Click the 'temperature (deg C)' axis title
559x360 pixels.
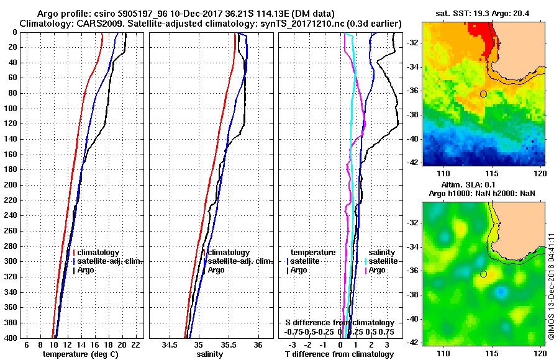click(x=80, y=354)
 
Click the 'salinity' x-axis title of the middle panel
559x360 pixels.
click(x=210, y=354)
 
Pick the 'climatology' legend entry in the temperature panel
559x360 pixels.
click(x=99, y=253)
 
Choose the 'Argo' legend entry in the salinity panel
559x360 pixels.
click(x=216, y=270)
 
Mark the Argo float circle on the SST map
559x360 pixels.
click(x=483, y=94)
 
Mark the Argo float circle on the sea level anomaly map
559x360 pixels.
click(x=483, y=274)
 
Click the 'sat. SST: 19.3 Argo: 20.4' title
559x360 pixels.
click(x=484, y=12)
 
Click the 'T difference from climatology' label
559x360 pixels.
click(x=339, y=354)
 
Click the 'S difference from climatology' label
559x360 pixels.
click(x=339, y=323)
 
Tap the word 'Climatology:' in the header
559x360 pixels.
click(x=44, y=23)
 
